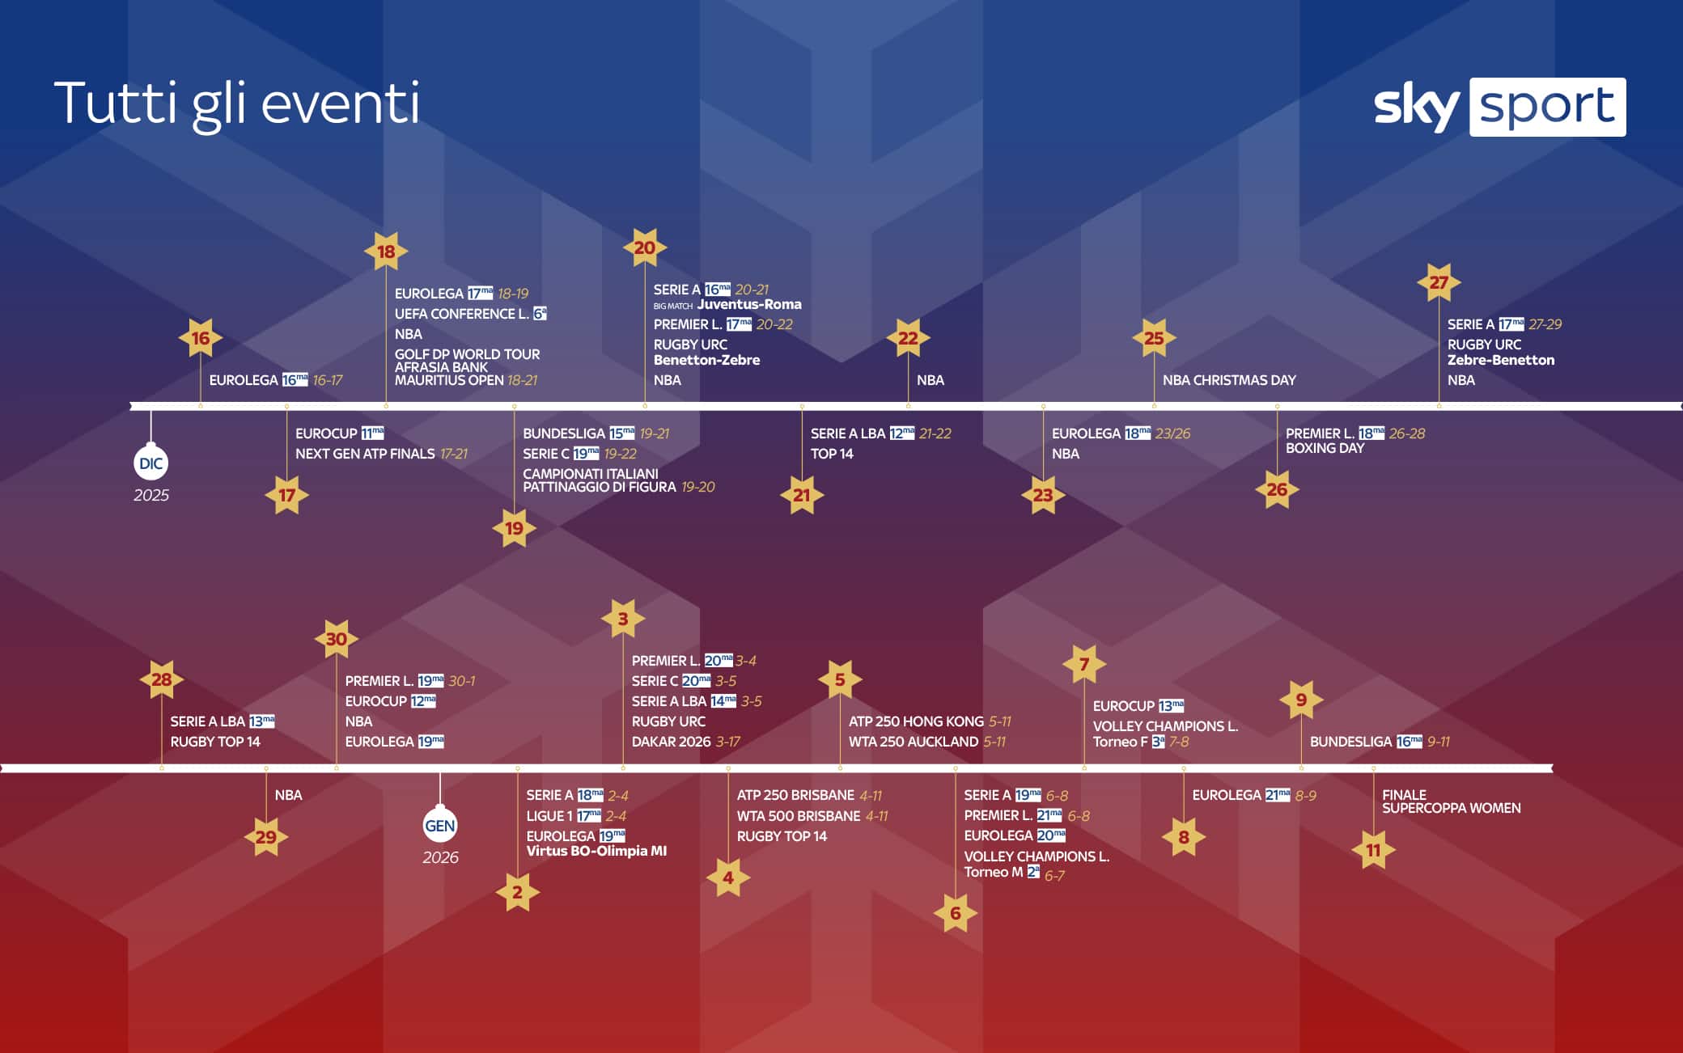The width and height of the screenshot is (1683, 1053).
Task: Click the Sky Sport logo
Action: (x=1499, y=107)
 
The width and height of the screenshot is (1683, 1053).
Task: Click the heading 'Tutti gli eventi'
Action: (x=236, y=104)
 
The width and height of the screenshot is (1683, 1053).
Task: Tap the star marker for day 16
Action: (x=201, y=338)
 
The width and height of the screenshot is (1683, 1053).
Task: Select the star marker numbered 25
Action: (x=1154, y=338)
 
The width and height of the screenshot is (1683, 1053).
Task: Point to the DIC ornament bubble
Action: (x=151, y=463)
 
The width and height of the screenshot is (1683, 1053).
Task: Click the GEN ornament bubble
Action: (x=440, y=826)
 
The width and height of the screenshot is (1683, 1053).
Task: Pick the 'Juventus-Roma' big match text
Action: (x=749, y=305)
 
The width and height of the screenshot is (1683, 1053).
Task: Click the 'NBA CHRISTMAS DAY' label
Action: (x=1229, y=380)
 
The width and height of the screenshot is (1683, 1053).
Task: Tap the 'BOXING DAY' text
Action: (x=1325, y=448)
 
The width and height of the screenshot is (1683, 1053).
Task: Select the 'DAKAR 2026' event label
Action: (x=671, y=742)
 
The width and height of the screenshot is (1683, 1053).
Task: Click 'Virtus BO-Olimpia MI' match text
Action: (x=596, y=851)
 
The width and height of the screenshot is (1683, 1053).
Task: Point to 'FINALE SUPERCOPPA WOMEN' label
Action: (x=1451, y=801)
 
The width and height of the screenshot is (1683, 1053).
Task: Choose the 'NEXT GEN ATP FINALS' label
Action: (x=365, y=454)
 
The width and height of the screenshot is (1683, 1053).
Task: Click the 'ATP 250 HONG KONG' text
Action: (x=916, y=721)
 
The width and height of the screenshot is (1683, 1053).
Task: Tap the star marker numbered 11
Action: (x=1373, y=850)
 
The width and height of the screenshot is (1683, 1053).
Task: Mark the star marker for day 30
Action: (x=337, y=639)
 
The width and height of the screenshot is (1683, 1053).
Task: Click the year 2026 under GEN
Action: (x=440, y=857)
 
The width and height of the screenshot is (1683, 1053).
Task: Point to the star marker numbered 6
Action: (x=956, y=913)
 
